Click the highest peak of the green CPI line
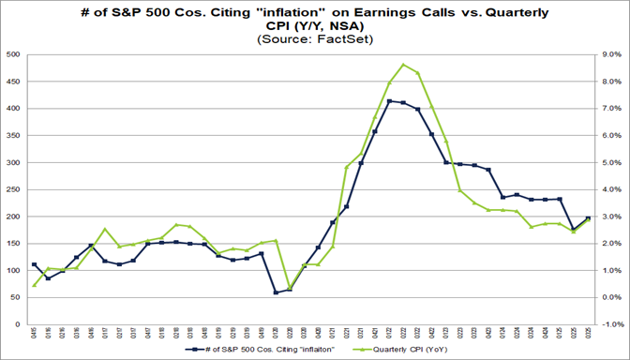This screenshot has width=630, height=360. point(403,65)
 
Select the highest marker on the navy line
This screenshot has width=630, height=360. point(389,101)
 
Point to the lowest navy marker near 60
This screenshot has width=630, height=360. point(276,292)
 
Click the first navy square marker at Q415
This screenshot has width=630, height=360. point(35,264)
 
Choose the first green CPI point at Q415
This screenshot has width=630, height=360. point(35,285)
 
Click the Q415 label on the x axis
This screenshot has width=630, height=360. point(35,334)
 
